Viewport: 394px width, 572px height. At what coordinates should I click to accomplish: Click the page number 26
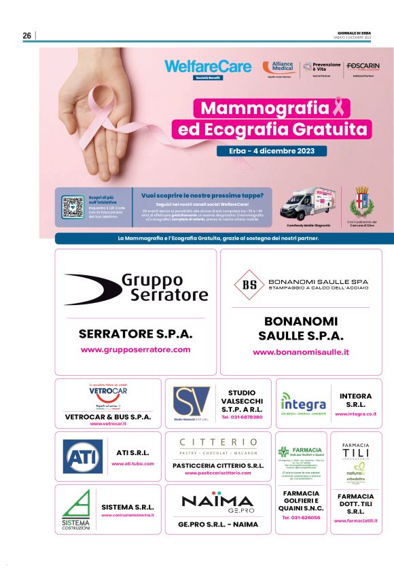(x=27, y=36)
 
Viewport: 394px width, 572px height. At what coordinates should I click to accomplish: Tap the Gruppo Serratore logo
(x=136, y=287)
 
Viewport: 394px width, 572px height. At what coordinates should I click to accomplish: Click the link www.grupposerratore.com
(x=136, y=350)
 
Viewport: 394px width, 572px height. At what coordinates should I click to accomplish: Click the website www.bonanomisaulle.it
(x=301, y=353)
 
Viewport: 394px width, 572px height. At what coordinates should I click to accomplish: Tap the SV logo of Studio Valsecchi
(x=191, y=401)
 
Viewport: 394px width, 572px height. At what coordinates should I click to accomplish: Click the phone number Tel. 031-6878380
(x=242, y=416)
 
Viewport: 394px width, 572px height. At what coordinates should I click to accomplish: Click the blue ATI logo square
(x=83, y=457)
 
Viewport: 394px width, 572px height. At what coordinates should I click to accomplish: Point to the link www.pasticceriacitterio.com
(x=218, y=473)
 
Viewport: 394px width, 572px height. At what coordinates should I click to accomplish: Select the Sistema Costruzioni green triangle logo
(x=75, y=507)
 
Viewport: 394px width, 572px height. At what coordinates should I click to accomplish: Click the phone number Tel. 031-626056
(x=301, y=518)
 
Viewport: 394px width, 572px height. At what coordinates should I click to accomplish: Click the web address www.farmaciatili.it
(x=356, y=521)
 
